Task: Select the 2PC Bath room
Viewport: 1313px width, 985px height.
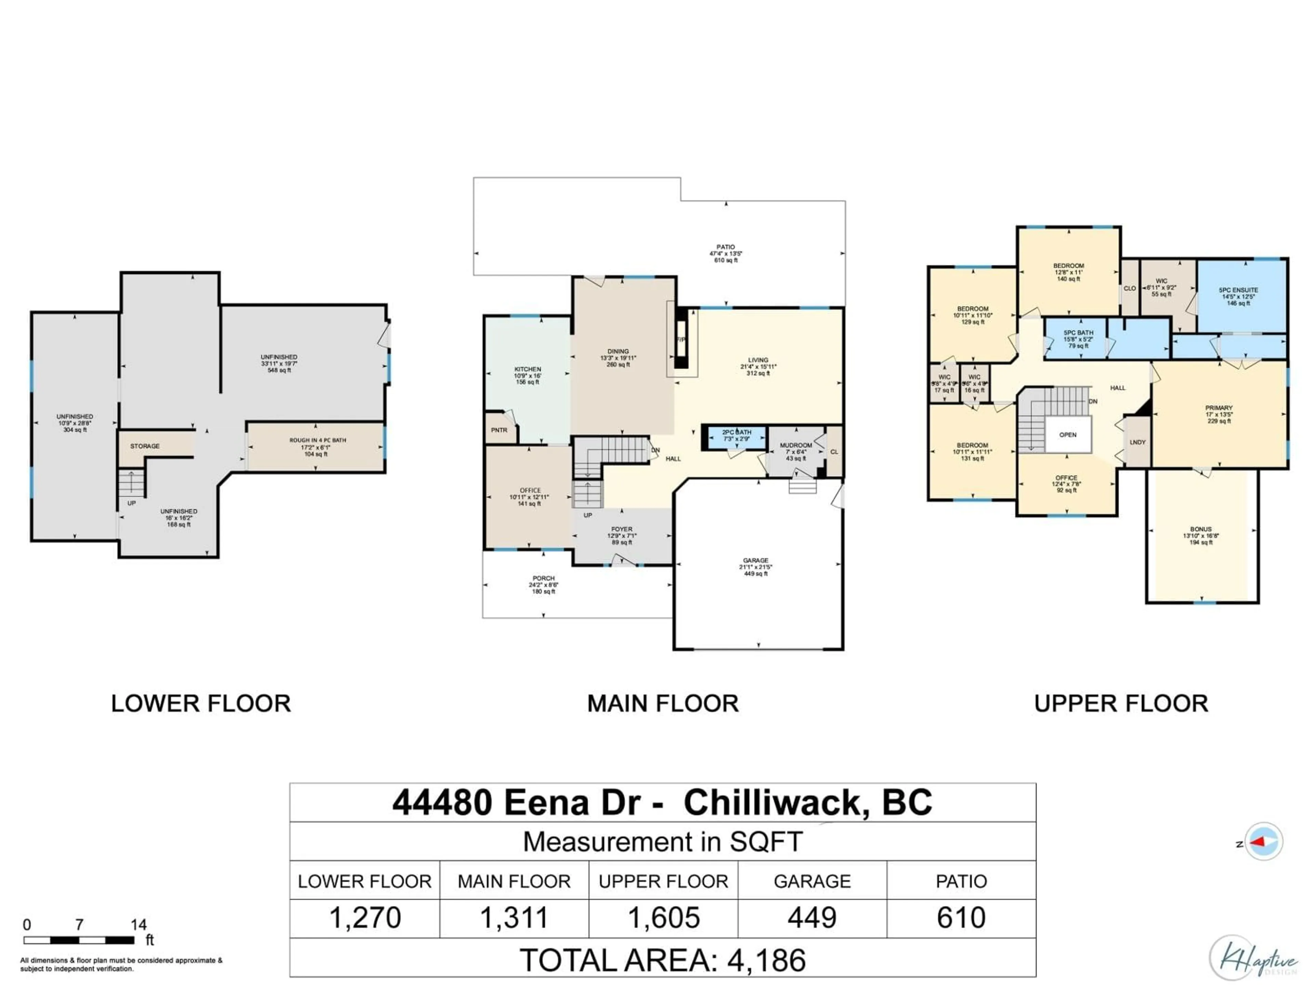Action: pos(736,436)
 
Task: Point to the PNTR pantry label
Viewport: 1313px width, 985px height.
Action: pos(499,430)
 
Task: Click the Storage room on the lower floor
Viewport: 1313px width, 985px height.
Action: pos(145,446)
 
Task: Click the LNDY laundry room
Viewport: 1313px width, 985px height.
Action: pos(1137,442)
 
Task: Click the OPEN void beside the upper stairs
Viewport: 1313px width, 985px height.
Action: pos(1068,435)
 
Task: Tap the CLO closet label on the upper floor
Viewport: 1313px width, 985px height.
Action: pos(1130,289)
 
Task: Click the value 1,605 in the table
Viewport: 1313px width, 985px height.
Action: pos(664,917)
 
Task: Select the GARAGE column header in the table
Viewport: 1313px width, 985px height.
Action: pos(812,881)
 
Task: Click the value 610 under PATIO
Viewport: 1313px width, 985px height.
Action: pos(961,917)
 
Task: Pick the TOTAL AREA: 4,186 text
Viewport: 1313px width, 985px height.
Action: pos(662,960)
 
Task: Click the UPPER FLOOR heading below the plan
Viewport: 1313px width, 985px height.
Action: pos(1121,704)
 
